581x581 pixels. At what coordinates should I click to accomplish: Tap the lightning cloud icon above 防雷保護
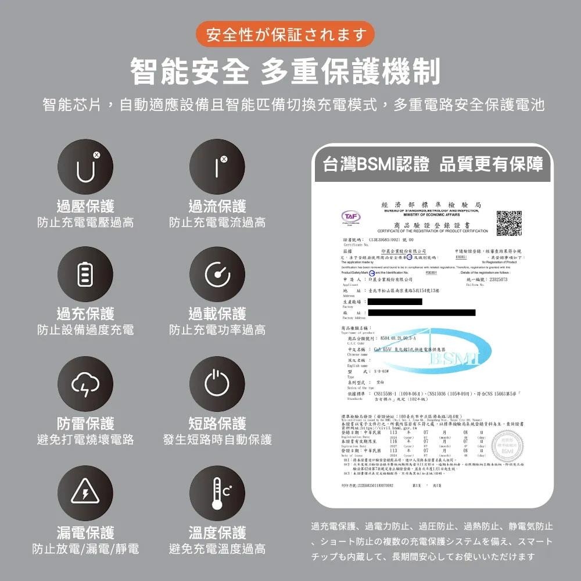(x=85, y=383)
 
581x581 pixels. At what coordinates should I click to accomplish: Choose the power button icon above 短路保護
(x=217, y=383)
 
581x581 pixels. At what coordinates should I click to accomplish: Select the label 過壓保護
(x=85, y=206)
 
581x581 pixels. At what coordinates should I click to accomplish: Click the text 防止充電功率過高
(x=217, y=330)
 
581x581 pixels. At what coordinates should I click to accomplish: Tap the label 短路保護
(x=217, y=424)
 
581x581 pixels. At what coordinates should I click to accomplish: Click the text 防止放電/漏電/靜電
(x=85, y=548)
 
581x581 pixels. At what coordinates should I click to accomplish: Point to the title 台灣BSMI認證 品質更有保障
(x=433, y=164)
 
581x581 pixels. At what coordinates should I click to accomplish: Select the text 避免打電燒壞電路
(x=85, y=439)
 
